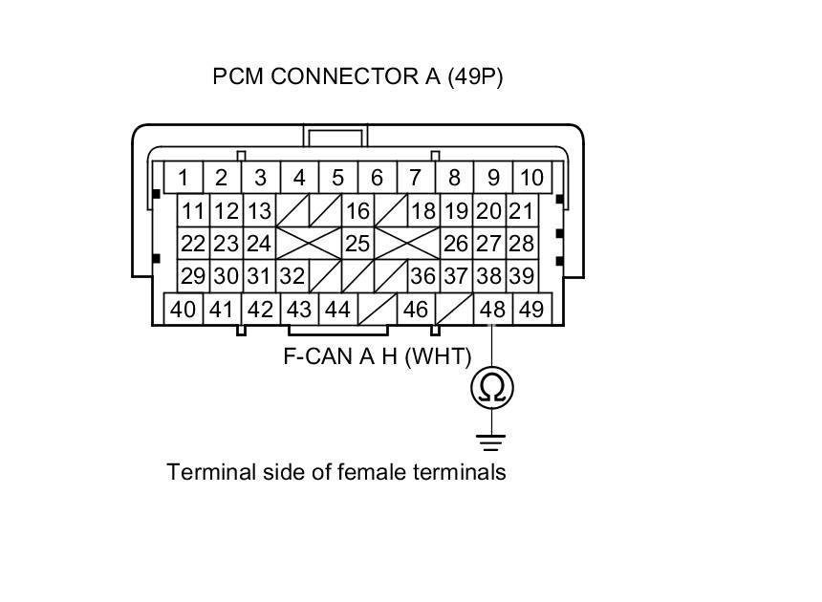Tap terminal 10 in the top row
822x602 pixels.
pyautogui.click(x=531, y=178)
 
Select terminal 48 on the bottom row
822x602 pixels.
pyautogui.click(x=492, y=310)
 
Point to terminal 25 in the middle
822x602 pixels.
pyautogui.click(x=357, y=244)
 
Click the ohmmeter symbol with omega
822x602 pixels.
pyautogui.click(x=492, y=386)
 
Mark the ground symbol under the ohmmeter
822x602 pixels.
pyautogui.click(x=492, y=441)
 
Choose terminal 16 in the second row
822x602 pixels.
pyautogui.click(x=357, y=211)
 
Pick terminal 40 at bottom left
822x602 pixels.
pyautogui.click(x=183, y=310)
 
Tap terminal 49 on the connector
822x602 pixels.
pyautogui.click(x=530, y=310)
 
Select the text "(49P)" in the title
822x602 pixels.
pyautogui.click(x=473, y=77)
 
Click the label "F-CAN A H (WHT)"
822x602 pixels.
pyautogui.click(x=378, y=356)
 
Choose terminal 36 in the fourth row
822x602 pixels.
pyautogui.click(x=422, y=276)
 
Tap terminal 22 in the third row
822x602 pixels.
pyautogui.click(x=194, y=244)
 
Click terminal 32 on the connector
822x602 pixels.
pyautogui.click(x=292, y=276)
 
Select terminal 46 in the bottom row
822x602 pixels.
pyautogui.click(x=415, y=310)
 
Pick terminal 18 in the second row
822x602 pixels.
pyautogui.click(x=422, y=211)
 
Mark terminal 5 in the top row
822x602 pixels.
pyautogui.click(x=337, y=178)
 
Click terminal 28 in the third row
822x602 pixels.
pyautogui.click(x=521, y=244)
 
